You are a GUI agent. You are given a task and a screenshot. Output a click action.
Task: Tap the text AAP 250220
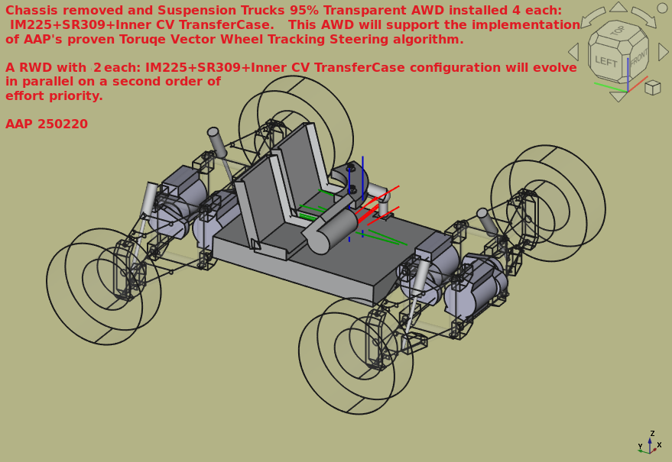[47, 124]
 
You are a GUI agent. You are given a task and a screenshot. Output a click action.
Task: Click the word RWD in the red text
[36, 67]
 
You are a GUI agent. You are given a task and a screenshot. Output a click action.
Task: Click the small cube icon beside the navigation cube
[653, 87]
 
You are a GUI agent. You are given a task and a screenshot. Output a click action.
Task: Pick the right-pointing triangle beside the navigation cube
[664, 52]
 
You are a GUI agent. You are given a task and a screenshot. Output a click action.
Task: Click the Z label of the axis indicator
[652, 433]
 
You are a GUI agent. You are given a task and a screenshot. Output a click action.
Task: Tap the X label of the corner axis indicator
[659, 445]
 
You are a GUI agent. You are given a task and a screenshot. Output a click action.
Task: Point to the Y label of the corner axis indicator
[640, 447]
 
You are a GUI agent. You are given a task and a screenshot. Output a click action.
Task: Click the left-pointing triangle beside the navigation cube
[573, 52]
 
